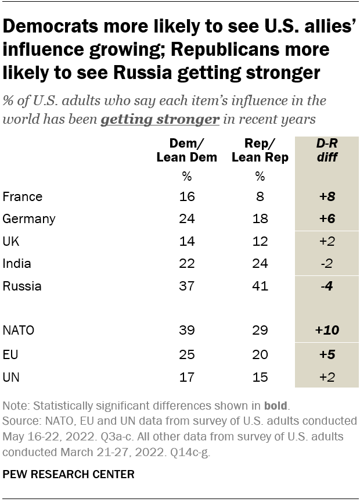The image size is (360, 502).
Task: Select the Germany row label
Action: (x=28, y=219)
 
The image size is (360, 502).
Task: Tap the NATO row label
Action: (x=19, y=330)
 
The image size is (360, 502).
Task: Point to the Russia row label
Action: (x=23, y=285)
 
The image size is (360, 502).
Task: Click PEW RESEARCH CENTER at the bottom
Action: (x=69, y=474)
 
